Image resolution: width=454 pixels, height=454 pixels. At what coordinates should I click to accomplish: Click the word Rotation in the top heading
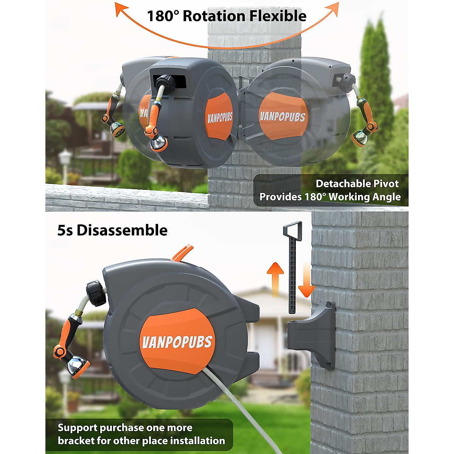point(214,16)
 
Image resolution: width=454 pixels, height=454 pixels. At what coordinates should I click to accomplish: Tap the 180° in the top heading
point(163,16)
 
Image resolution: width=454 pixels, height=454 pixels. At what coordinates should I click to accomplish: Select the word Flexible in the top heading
point(278,16)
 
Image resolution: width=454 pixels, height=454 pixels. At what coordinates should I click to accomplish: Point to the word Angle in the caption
point(386,197)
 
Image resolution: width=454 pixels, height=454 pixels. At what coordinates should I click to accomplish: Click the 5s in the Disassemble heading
point(65,230)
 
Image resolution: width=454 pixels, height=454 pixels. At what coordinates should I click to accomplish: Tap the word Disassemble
point(122,230)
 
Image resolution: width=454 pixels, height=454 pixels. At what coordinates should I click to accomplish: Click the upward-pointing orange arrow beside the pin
point(275,278)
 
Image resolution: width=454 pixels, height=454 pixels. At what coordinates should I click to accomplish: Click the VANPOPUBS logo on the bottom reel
point(177,342)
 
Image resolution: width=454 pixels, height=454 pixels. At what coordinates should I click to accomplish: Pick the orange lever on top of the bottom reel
point(182,253)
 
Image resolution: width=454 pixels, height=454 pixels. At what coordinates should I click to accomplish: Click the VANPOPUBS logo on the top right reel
point(282,117)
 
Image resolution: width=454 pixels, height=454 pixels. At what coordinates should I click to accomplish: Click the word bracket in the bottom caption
point(79,441)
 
